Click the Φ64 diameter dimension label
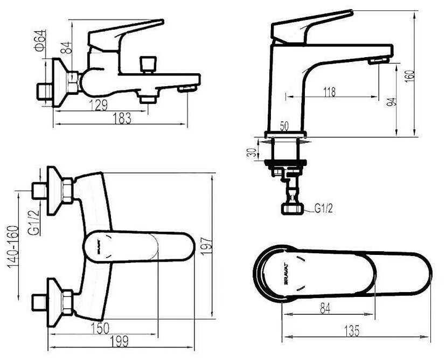pos(41,40)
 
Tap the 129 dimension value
pos(99,105)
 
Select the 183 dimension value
pos(122,119)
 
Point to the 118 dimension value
pos(329,92)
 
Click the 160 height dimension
pos(410,76)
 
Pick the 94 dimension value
pos(392,102)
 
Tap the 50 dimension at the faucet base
pos(284,126)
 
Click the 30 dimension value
pos(252,152)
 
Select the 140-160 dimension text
pos(13,247)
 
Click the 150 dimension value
pos(100,328)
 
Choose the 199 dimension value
pos(119,341)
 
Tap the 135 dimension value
pos(352,331)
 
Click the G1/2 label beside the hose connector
pos(324,209)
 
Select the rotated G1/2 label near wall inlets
pos(34,222)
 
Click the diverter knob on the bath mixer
pos(148,64)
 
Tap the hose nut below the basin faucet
pos(292,209)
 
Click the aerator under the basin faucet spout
pos(378,61)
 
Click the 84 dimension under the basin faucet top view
pos(325,308)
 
